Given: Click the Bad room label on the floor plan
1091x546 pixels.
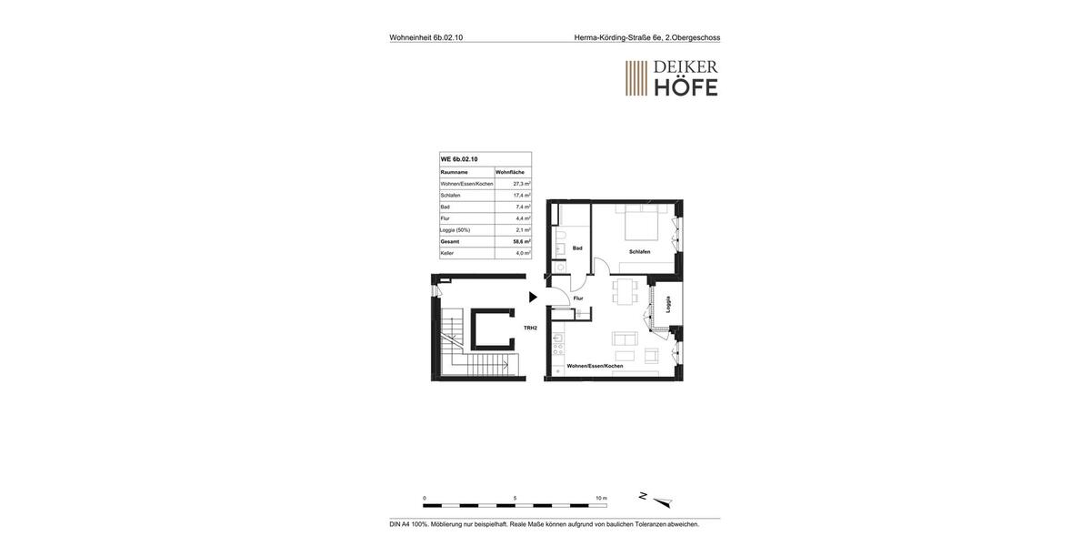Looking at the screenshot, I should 577,248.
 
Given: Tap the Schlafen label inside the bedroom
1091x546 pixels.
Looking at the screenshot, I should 639,251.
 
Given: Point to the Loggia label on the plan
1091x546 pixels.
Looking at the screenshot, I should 668,304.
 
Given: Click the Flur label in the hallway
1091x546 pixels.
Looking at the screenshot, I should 578,298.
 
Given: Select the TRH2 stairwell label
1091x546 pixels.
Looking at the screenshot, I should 530,328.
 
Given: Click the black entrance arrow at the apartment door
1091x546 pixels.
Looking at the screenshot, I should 533,297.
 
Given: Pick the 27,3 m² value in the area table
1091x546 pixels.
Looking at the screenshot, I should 521,184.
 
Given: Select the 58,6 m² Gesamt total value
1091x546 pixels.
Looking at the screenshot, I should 521,241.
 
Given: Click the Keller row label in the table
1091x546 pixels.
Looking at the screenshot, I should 447,253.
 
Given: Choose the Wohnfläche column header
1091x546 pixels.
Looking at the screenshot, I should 510,172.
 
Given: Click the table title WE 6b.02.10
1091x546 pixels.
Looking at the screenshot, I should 459,159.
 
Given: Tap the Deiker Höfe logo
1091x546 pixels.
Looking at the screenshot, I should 671,78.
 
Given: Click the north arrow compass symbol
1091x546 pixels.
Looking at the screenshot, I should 657,500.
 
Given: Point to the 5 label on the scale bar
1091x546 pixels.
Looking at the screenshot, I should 515,498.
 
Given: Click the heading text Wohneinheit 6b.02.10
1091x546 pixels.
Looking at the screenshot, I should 426,37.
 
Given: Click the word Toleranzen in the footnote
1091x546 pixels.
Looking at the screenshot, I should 651,524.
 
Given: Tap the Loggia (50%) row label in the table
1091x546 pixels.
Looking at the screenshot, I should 455,230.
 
